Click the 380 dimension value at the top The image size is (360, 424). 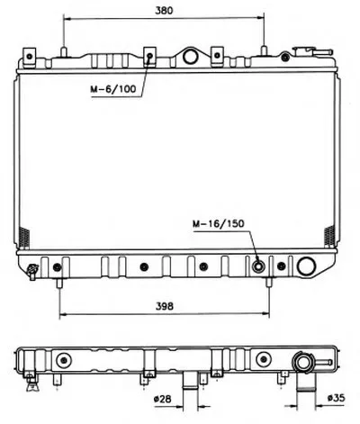click(164, 11)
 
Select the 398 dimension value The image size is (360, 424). click(165, 306)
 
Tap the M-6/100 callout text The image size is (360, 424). click(113, 89)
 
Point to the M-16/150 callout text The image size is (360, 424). click(219, 223)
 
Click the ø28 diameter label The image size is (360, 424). click(162, 399)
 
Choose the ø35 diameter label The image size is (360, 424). click(337, 398)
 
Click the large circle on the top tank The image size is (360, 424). click(190, 57)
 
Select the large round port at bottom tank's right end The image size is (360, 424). click(306, 266)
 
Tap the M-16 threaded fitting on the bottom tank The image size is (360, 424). click(258, 266)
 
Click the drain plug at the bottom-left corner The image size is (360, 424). click(32, 271)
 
